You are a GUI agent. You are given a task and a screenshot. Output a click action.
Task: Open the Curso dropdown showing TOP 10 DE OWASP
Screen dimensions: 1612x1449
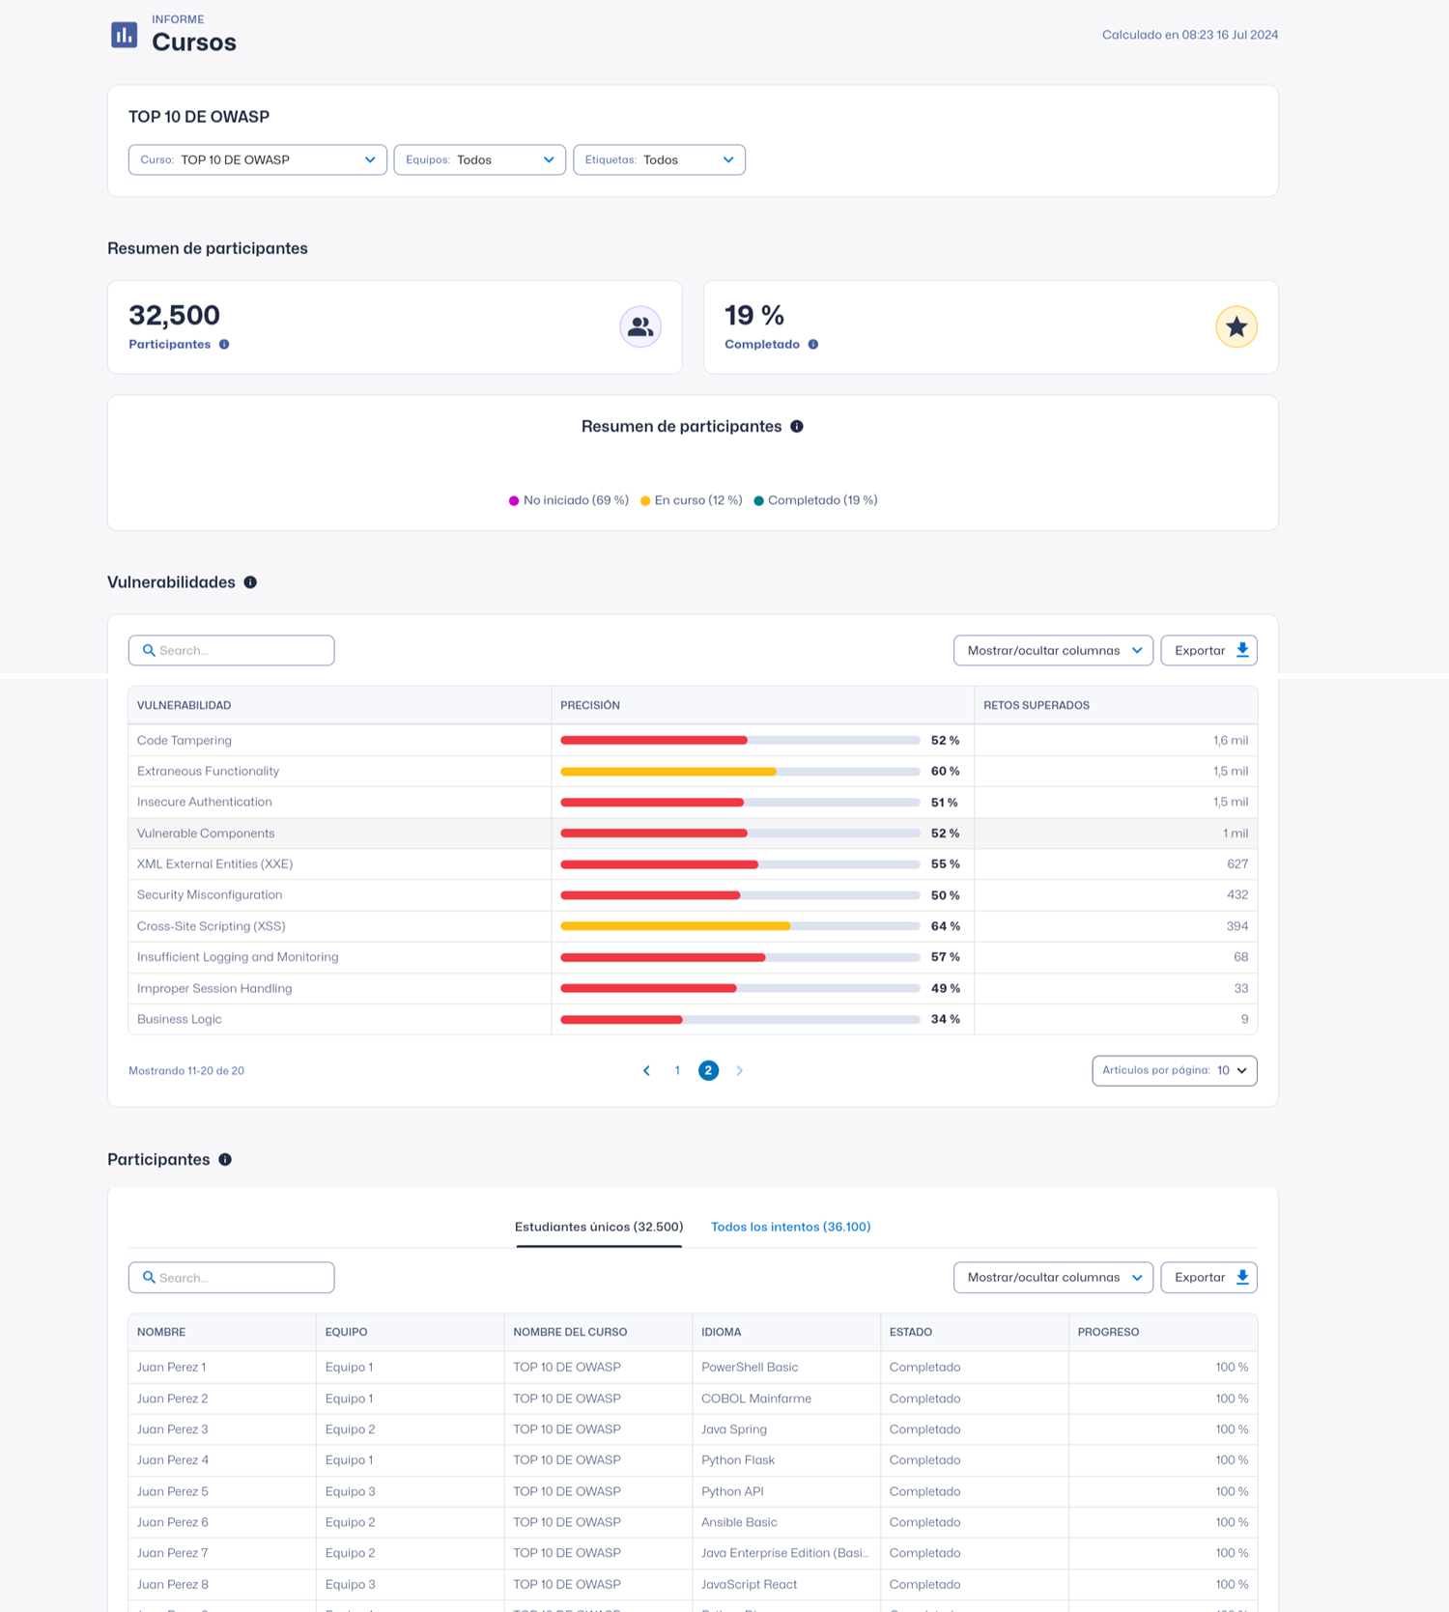coord(257,159)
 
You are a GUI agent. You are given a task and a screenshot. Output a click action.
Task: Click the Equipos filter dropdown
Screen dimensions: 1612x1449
coord(479,159)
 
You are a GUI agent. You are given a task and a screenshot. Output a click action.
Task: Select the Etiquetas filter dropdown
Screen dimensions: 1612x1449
coord(659,159)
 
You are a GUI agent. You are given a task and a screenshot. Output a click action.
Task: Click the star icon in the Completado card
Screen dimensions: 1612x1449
coord(1236,326)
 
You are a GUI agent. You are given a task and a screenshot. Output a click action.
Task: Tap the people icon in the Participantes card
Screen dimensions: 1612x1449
coord(639,326)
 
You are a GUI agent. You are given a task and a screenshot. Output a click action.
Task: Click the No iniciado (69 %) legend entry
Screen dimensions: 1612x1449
coord(569,500)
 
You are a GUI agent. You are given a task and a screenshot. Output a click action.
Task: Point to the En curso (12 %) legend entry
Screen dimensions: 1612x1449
coord(692,500)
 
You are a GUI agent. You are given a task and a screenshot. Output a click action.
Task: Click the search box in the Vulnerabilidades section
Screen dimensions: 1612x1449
coord(232,650)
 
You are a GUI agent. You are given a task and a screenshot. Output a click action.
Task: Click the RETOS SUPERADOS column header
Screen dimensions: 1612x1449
coord(1037,705)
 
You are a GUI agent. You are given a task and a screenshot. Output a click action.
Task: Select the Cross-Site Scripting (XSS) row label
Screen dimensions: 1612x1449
coord(212,926)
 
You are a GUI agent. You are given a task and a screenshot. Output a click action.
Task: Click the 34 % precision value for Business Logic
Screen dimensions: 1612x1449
coord(945,1019)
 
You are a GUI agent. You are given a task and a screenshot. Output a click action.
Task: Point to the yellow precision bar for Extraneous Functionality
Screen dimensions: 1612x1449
coord(668,772)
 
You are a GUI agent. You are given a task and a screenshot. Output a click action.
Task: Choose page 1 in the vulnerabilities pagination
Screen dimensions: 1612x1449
coord(677,1070)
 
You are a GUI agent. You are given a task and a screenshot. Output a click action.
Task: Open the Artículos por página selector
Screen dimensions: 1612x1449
coord(1174,1070)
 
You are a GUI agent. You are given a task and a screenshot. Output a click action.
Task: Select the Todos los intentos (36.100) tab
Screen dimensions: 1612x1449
coord(790,1227)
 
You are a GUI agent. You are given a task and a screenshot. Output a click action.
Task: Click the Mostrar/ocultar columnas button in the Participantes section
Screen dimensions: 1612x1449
coord(1053,1277)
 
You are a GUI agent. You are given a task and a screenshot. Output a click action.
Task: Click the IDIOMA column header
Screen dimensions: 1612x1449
coord(722,1332)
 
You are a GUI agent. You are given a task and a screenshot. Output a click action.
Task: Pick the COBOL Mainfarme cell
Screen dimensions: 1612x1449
coord(756,1399)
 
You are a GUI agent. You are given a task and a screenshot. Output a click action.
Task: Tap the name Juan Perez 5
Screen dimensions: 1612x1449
coord(173,1491)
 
